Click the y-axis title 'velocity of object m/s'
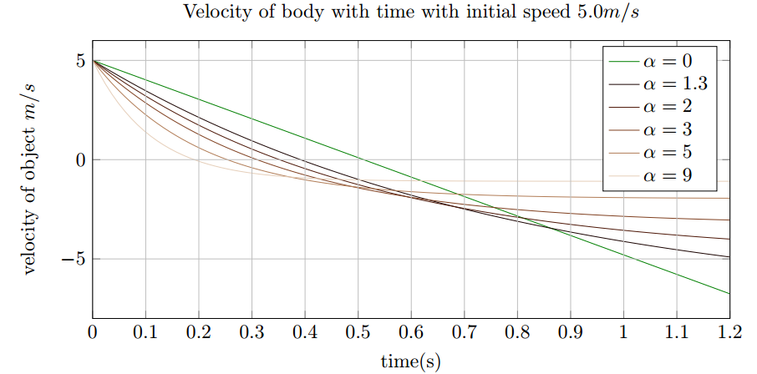tap(31, 190)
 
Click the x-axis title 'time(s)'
tap(410, 361)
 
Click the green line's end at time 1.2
tap(729, 294)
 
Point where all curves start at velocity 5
tap(93, 61)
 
